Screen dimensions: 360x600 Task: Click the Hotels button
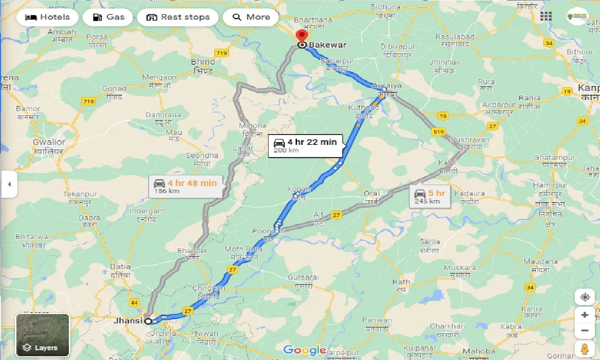click(x=47, y=17)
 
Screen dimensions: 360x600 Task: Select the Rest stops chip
click(x=178, y=17)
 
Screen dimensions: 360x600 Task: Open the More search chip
click(x=251, y=17)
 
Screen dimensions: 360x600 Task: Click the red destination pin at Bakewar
click(x=302, y=37)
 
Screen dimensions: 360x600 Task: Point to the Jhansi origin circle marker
click(x=148, y=321)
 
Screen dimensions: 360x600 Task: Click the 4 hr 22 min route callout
click(x=305, y=145)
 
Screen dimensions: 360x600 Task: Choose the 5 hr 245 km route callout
click(x=429, y=196)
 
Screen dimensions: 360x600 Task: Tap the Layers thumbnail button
click(x=43, y=335)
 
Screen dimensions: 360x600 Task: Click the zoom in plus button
click(x=585, y=315)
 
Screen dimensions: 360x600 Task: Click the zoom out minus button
click(x=585, y=331)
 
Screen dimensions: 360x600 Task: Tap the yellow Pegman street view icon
click(x=585, y=349)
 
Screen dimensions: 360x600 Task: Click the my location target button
click(x=585, y=297)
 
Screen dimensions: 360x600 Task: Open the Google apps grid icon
click(x=546, y=16)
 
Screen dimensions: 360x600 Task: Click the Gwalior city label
click(x=49, y=142)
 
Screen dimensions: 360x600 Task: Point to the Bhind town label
click(x=203, y=62)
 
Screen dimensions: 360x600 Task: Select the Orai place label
click(x=371, y=194)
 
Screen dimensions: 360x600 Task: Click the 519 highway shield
click(x=439, y=132)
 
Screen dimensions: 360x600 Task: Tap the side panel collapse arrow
click(x=9, y=184)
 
